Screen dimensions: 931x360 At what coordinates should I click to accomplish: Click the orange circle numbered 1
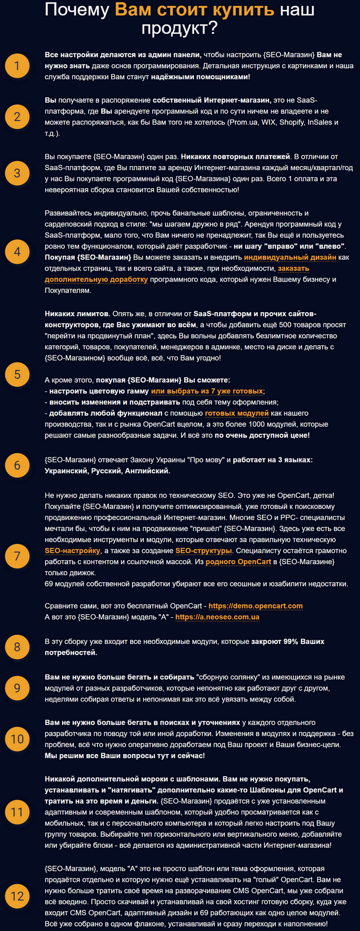17,66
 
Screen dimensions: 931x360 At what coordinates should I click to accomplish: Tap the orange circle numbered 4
17,252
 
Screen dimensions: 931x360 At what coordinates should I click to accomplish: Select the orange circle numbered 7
17,556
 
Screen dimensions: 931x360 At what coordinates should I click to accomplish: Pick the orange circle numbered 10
17,739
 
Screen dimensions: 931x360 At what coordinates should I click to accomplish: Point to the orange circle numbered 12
17,896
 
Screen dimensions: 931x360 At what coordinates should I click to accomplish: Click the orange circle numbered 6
17,465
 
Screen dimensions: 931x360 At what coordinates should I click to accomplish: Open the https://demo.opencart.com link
255,606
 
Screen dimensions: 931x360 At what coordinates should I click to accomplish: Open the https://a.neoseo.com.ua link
217,617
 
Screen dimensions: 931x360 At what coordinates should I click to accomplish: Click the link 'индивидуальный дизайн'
290,257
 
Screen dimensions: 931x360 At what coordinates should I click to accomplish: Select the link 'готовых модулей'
237,413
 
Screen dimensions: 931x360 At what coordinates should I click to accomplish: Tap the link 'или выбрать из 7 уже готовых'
207,391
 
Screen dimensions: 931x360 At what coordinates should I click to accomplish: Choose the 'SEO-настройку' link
72,550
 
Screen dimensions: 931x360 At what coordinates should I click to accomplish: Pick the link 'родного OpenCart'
238,562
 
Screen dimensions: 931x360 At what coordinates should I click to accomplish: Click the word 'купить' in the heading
242,10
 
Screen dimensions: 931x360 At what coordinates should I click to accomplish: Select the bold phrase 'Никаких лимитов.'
77,314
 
